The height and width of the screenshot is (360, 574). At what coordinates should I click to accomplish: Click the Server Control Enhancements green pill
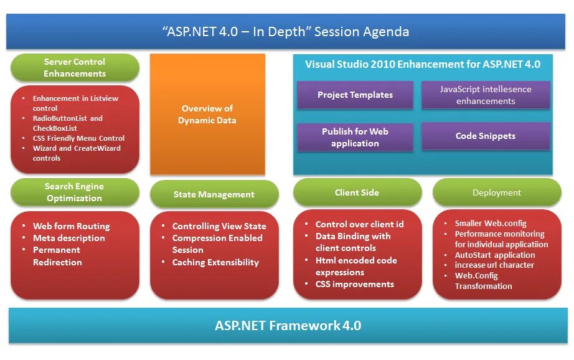click(x=75, y=68)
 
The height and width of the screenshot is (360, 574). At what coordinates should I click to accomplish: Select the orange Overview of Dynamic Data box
click(x=207, y=114)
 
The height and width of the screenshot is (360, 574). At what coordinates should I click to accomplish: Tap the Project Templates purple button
click(x=355, y=95)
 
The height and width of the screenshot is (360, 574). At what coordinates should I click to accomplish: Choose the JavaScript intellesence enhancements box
click(x=486, y=95)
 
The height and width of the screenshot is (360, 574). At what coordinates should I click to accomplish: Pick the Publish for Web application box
click(x=355, y=137)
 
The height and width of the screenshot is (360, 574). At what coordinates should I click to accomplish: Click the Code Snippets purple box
click(x=486, y=136)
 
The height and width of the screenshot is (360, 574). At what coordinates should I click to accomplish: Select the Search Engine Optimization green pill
click(x=75, y=192)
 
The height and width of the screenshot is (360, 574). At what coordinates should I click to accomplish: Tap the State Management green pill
click(x=214, y=194)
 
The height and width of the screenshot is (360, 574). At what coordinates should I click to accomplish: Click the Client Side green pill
click(x=357, y=192)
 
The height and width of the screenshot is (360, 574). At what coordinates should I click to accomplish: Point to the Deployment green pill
click(x=497, y=192)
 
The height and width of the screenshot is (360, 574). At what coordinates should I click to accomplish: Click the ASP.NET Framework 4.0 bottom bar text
click(x=288, y=325)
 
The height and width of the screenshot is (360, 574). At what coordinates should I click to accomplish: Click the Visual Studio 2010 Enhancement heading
click(x=423, y=64)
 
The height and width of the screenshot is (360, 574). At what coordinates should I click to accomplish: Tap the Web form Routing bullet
click(x=71, y=226)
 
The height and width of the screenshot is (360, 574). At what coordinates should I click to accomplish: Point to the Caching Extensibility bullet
click(x=215, y=262)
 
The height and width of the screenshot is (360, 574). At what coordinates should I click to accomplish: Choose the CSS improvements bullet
click(x=354, y=284)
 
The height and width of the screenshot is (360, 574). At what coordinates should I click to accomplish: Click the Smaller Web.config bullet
click(x=491, y=223)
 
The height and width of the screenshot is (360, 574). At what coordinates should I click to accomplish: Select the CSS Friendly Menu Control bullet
click(x=78, y=138)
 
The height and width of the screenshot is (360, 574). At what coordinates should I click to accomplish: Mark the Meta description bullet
click(x=68, y=238)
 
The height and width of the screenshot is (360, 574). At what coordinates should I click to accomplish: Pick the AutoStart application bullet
click(x=495, y=255)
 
